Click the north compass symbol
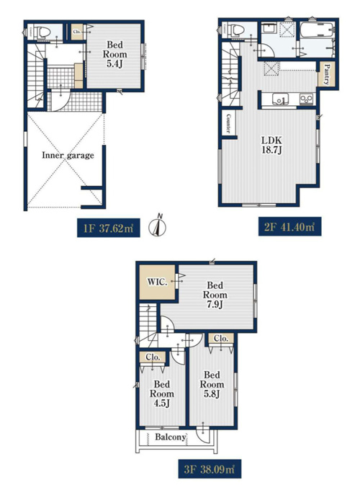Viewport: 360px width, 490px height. [157, 226]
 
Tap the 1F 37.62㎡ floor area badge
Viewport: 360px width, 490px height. [108, 228]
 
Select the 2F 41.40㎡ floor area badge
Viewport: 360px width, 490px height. [289, 226]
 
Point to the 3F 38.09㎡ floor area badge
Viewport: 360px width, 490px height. [210, 469]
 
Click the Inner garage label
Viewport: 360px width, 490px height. [68, 156]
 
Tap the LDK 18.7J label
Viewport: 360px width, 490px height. [272, 145]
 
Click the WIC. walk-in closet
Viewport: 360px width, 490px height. [157, 282]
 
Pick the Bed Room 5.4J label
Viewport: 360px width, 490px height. [114, 54]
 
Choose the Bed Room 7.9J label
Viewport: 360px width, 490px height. [215, 295]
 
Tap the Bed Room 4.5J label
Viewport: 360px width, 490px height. [162, 393]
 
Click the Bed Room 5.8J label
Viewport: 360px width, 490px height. [212, 384]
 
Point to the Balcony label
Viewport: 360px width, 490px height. [171, 437]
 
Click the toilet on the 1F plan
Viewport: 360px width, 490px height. [42, 32]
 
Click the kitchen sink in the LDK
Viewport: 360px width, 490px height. [280, 99]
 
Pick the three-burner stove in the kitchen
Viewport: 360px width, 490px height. [306, 99]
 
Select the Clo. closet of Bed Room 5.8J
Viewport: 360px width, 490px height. [221, 339]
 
